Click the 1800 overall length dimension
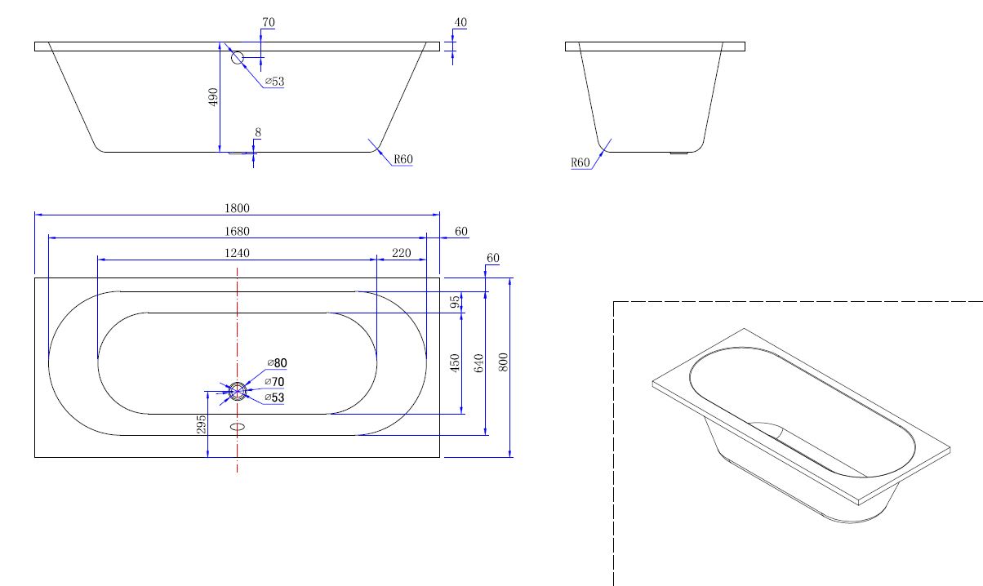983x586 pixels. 237,208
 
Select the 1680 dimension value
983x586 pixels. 237,231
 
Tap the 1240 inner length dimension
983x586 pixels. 237,253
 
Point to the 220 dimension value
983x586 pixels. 401,253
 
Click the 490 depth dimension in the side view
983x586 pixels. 213,97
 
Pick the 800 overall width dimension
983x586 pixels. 504,362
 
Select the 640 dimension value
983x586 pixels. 478,363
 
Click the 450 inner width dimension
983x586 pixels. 455,363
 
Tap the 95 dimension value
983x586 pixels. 455,302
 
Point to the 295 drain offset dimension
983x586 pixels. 201,424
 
